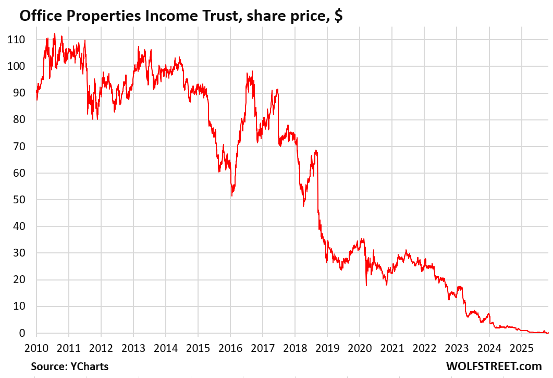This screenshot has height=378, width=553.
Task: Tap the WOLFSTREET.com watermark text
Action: click(x=494, y=367)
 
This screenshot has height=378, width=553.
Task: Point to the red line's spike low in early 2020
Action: click(x=366, y=285)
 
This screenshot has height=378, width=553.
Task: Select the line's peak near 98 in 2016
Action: click(x=252, y=72)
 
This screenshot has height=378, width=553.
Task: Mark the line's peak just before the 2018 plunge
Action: click(x=316, y=151)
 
